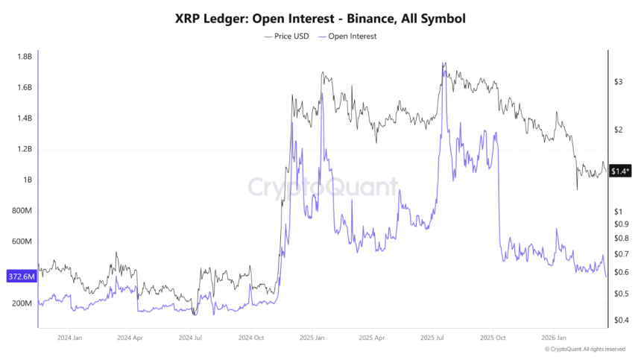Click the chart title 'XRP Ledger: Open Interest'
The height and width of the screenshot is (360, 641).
(x=320, y=19)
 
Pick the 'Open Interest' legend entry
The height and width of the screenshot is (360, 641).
(x=347, y=36)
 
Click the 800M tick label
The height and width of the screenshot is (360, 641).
(x=22, y=211)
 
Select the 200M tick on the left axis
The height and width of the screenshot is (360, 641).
(x=22, y=304)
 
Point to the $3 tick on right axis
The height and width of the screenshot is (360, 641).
(x=618, y=82)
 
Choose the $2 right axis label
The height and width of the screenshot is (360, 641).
(x=618, y=130)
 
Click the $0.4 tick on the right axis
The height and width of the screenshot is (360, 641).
(x=621, y=320)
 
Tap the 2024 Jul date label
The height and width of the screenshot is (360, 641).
(x=191, y=337)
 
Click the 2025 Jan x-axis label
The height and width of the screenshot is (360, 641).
(x=312, y=337)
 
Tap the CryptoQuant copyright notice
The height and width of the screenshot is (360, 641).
(x=585, y=349)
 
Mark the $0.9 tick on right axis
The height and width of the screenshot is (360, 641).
(x=621, y=224)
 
